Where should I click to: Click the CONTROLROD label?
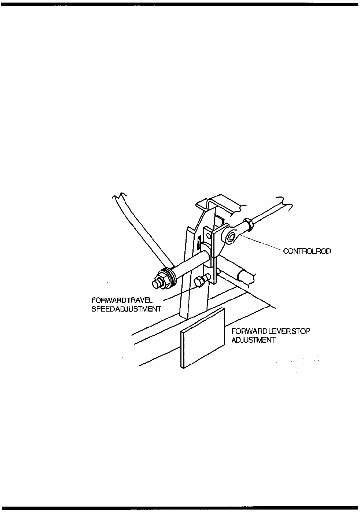tap(307, 251)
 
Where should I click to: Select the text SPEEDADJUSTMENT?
tap(126, 309)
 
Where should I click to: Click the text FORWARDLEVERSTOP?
tap(271, 331)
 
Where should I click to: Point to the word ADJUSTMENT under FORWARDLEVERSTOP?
tap(253, 340)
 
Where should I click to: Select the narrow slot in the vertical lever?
tap(198, 242)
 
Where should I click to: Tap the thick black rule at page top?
tap(180, 4)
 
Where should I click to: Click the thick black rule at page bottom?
tap(180, 508)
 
